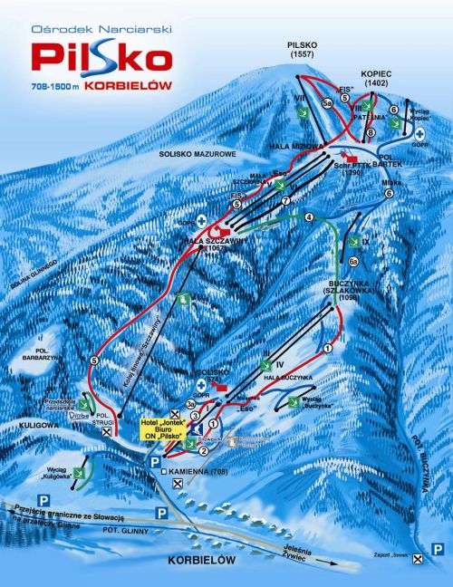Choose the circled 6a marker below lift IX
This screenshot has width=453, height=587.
[x=354, y=262]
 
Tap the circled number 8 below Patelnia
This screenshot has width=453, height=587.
[x=370, y=133]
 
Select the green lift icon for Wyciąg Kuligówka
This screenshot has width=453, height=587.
[x=83, y=472]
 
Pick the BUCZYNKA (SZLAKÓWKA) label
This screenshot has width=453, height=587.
[x=325, y=289]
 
